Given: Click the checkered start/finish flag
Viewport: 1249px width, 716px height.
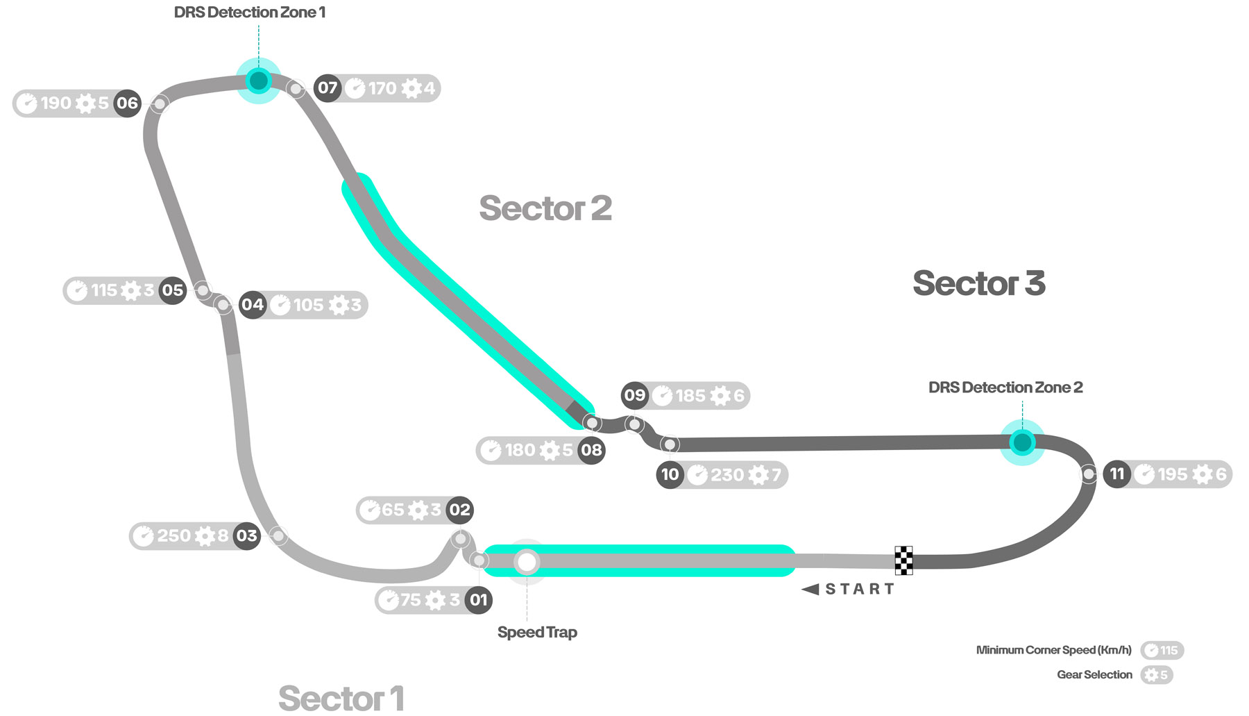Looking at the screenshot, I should (x=903, y=560).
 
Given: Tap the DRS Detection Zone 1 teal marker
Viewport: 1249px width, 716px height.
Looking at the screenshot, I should (x=259, y=81).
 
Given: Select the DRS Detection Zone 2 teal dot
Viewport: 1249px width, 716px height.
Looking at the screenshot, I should (x=1022, y=442).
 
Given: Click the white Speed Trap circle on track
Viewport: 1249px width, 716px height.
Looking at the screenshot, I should (x=527, y=561).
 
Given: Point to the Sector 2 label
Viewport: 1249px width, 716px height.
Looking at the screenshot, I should (x=545, y=208).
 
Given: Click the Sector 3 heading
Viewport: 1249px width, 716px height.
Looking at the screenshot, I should (x=978, y=283).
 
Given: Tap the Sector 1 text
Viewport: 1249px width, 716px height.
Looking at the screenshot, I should (x=341, y=698).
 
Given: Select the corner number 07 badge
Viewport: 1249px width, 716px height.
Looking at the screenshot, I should (x=328, y=88).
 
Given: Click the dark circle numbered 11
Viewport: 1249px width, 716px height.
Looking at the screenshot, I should (x=1116, y=474).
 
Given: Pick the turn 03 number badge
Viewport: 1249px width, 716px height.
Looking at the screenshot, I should (x=246, y=535).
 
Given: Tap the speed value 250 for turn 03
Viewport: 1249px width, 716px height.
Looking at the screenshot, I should (x=173, y=535).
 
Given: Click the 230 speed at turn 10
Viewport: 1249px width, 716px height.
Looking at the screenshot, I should (x=727, y=475).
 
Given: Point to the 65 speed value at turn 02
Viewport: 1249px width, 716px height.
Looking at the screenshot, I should (x=393, y=510).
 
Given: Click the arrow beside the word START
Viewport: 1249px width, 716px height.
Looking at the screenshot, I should (x=810, y=589).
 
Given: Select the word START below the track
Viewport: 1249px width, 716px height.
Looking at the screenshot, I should (x=860, y=589).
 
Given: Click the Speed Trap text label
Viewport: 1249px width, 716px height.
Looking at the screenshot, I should (x=537, y=632).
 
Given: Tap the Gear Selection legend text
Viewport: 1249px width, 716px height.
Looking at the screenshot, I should (x=1094, y=674).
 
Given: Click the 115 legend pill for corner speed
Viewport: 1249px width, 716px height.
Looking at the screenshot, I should (x=1162, y=650).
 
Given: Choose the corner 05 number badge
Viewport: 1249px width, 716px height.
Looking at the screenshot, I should (x=172, y=290).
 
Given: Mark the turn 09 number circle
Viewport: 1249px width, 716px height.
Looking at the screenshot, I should (x=634, y=396).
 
